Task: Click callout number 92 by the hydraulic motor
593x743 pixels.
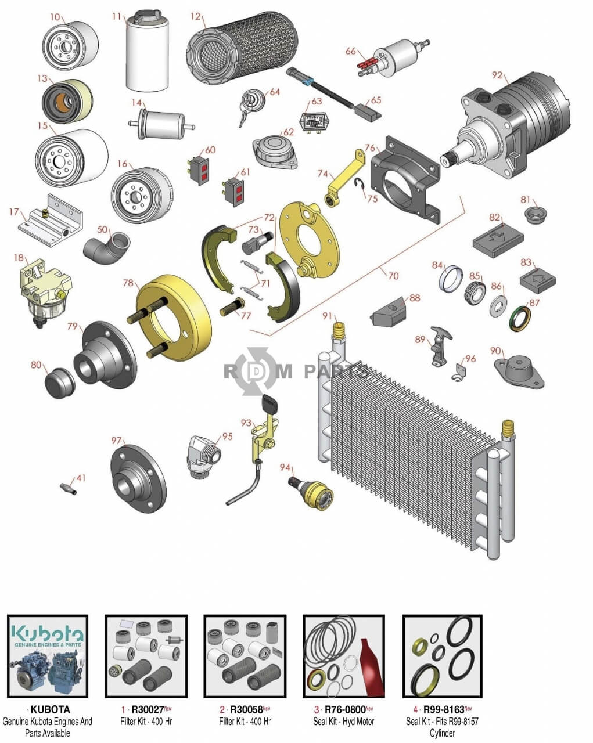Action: click(x=497, y=75)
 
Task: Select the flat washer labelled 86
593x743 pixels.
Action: click(x=498, y=305)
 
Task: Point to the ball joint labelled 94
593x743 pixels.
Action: click(x=311, y=491)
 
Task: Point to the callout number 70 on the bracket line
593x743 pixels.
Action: click(x=394, y=276)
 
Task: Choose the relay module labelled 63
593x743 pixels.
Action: click(x=312, y=120)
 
